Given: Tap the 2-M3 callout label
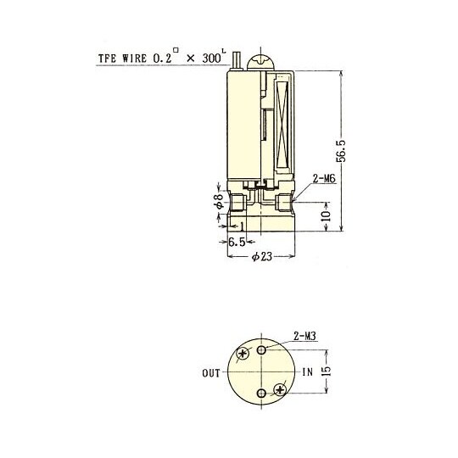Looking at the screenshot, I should click(x=304, y=337).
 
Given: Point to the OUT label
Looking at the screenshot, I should click(x=212, y=372).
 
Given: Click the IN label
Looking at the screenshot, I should click(x=307, y=372).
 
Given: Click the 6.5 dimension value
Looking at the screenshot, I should click(x=237, y=243).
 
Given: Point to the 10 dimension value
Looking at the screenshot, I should click(x=327, y=217).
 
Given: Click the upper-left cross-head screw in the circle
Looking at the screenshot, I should click(x=245, y=354).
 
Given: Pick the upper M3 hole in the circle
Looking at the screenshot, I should click(x=263, y=349).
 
